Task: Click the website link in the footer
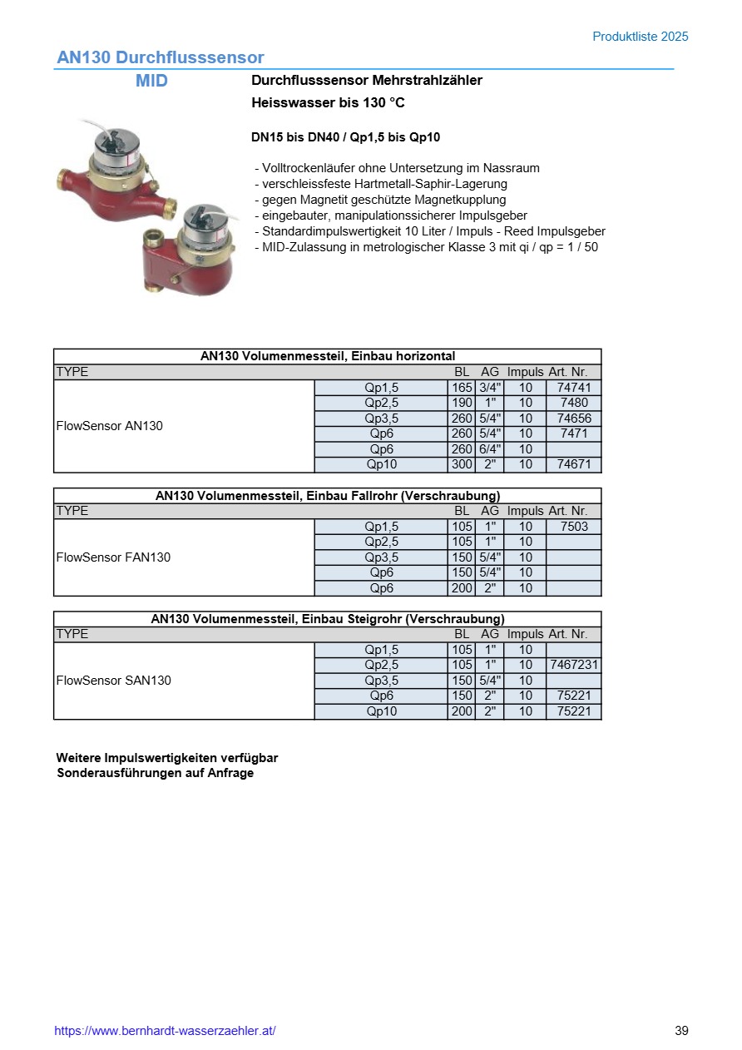[165, 1031]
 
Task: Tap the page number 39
[681, 1031]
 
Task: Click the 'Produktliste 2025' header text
[640, 37]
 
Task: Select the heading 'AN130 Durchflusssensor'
[160, 57]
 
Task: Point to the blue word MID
[151, 81]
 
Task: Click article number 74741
[573, 388]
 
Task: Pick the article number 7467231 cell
[573, 665]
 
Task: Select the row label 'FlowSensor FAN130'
[113, 557]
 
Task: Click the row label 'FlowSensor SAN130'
[113, 681]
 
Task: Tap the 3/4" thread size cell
[489, 388]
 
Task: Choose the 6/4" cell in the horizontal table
[489, 449]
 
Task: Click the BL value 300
[462, 464]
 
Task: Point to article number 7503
[573, 527]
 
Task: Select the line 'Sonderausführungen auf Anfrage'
[155, 773]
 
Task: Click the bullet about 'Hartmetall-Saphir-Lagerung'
[381, 184]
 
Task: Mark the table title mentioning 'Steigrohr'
[327, 619]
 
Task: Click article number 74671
[573, 464]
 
